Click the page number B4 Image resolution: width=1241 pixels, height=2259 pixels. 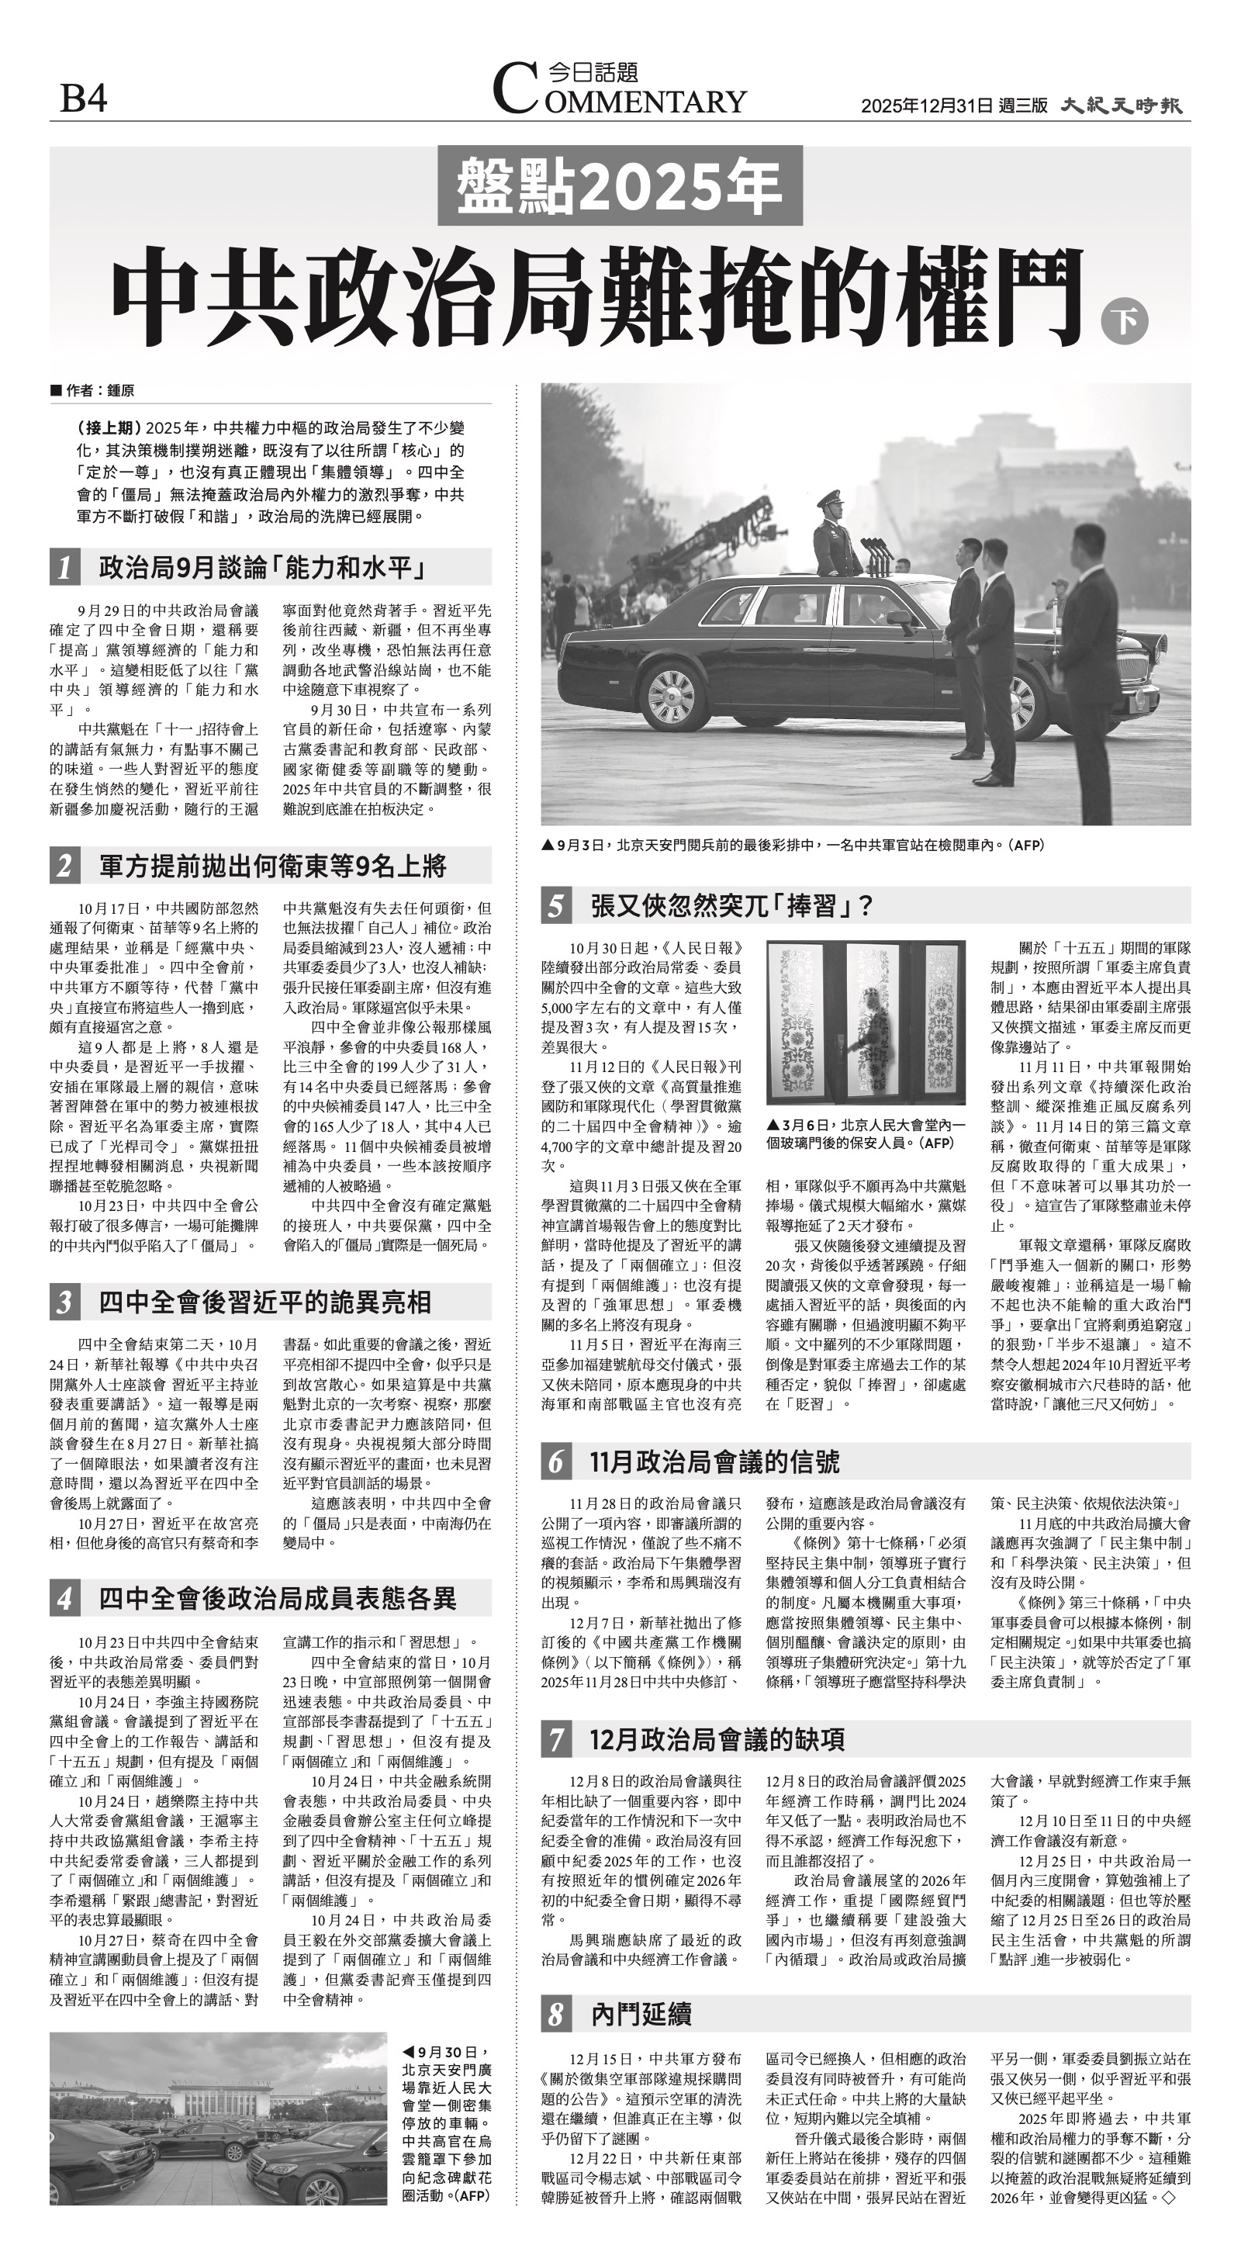83,99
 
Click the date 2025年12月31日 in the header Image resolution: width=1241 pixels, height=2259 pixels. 927,106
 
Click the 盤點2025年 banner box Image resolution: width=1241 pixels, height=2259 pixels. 619,186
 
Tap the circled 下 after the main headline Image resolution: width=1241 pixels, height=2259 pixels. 1125,322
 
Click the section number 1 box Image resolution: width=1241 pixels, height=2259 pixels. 65,569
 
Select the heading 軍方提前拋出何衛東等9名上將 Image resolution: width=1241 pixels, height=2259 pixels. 273,867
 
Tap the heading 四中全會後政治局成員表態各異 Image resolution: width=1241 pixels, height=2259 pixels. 277,1599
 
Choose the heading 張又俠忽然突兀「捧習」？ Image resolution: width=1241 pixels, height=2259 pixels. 732,906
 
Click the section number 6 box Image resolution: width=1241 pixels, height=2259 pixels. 556,1462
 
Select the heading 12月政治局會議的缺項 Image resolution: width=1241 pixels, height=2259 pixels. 717,1740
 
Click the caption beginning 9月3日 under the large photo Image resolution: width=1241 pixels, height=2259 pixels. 793,846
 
